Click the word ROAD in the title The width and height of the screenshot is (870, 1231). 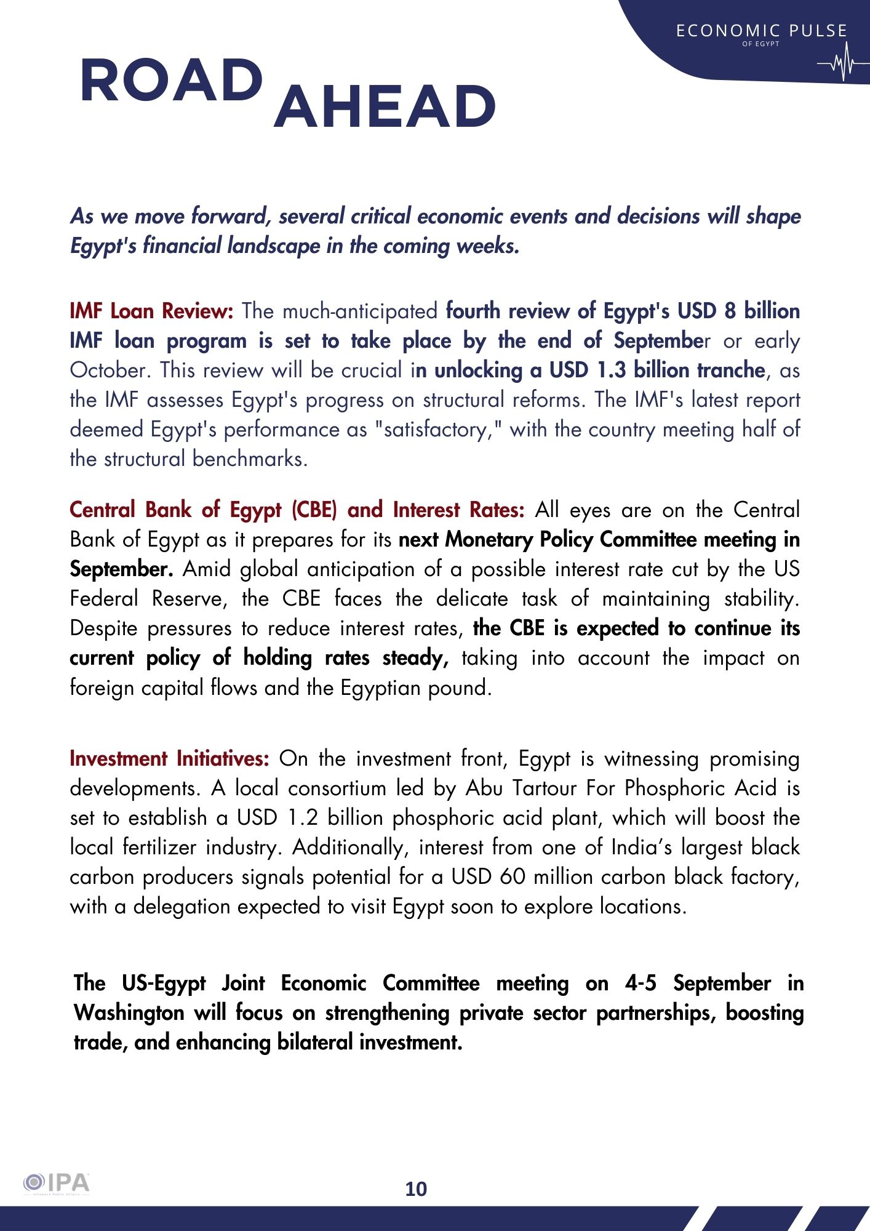[x=171, y=81]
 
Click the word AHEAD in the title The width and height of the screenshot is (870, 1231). [x=385, y=106]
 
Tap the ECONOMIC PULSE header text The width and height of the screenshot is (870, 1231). [x=761, y=31]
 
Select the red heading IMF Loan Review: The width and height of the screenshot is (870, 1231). [x=151, y=311]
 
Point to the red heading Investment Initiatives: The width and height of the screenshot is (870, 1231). [x=169, y=758]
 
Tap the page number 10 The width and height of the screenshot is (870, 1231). [x=416, y=1189]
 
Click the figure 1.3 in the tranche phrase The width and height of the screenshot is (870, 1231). [x=612, y=370]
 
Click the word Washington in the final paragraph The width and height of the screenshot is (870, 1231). [x=129, y=1012]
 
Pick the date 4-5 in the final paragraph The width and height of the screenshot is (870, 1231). [x=641, y=983]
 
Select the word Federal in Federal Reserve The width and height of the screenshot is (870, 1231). [x=104, y=598]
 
